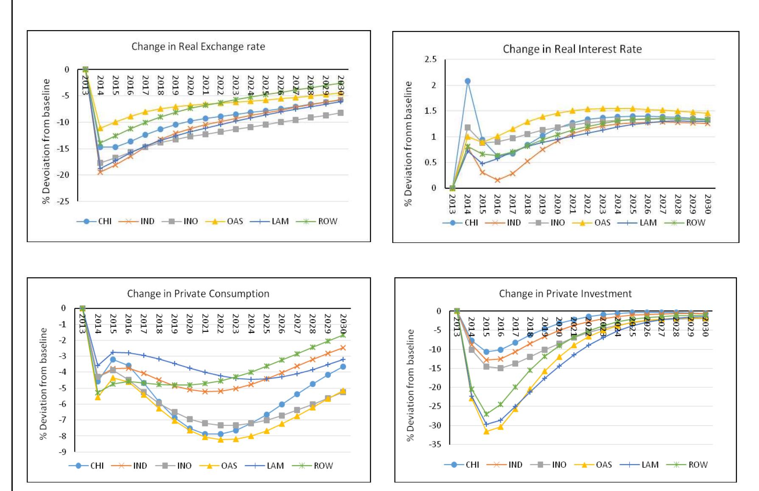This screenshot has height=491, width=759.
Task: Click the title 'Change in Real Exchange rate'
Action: (198, 47)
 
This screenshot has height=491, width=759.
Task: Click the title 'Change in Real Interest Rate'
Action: (572, 49)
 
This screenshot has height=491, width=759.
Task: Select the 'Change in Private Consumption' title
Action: (198, 293)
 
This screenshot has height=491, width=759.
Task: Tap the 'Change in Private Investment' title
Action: (565, 293)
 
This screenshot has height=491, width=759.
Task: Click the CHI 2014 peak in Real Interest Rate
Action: (467, 81)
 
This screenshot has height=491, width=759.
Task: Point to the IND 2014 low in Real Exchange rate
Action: (100, 172)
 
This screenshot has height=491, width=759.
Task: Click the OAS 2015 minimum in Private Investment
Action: (486, 431)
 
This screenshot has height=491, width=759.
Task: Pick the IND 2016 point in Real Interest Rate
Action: (497, 180)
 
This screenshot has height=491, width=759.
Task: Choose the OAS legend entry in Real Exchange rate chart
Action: (227, 221)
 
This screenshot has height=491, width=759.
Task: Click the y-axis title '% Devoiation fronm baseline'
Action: (46, 141)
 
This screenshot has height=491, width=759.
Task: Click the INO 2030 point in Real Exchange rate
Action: (340, 113)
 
